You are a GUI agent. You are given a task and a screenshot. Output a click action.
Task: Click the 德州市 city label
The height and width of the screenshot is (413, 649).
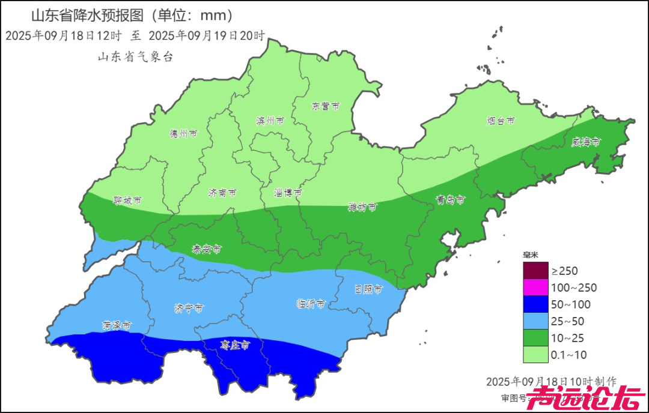tap(183, 134)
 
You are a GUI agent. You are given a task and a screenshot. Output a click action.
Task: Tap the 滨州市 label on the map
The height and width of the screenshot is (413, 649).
tap(269, 121)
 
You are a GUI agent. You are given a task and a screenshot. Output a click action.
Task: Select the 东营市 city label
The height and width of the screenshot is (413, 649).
tap(325, 106)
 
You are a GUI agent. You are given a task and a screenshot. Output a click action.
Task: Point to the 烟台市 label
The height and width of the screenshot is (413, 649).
tap(501, 121)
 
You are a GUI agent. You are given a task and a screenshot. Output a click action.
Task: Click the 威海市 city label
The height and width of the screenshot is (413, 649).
tap(586, 142)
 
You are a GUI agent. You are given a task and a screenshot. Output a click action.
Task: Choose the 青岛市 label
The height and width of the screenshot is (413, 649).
tap(450, 200)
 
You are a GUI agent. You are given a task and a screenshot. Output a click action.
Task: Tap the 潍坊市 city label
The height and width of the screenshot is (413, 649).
tap(363, 207)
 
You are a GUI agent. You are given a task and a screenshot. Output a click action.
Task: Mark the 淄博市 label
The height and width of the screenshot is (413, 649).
tap(288, 193)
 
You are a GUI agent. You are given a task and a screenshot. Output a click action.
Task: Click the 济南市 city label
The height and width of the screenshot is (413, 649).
tap(222, 193)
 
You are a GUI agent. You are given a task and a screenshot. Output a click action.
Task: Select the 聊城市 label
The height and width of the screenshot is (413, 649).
tap(127, 200)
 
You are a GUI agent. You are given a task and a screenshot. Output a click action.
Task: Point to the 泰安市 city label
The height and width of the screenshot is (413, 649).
tap(207, 249)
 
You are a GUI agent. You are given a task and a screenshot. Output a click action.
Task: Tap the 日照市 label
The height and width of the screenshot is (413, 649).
tap(368, 289)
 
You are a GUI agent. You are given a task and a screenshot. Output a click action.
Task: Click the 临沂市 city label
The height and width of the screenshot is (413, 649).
tap(311, 304)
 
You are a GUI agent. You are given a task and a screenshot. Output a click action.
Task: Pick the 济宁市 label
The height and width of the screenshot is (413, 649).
tap(189, 308)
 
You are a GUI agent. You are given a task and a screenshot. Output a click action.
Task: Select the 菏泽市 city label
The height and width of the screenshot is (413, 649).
tap(117, 326)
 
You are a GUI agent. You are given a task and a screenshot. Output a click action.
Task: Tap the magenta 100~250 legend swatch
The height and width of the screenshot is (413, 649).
tap(535, 288)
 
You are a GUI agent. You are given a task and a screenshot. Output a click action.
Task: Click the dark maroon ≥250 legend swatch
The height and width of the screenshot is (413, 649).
tap(535, 271)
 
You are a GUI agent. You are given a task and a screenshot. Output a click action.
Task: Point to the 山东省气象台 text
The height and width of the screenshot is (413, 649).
tap(135, 57)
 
